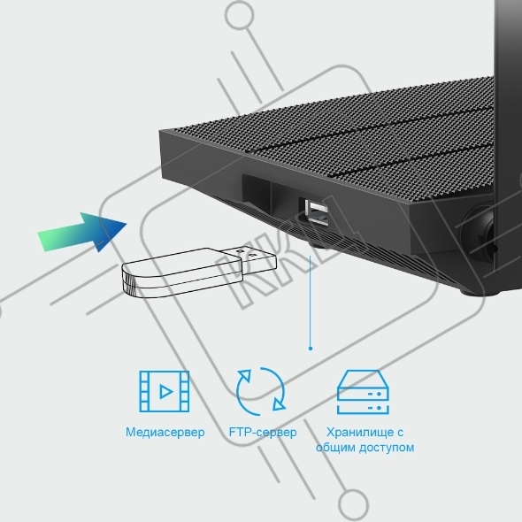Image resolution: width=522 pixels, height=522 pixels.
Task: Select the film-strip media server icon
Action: [x=165, y=391]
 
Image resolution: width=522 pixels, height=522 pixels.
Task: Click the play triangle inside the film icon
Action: [x=165, y=391]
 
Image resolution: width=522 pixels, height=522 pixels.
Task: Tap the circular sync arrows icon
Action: [x=261, y=391]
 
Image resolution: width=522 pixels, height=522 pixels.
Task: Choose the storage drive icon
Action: [x=363, y=392]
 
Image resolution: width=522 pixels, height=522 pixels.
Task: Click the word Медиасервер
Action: [x=165, y=432]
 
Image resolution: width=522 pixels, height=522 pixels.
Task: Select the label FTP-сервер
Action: [x=263, y=432]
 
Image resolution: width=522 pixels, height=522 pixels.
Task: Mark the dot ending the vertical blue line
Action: [x=311, y=349]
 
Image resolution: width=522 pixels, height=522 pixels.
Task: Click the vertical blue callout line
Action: [x=311, y=302]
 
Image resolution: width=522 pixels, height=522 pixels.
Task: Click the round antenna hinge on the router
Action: [x=480, y=233]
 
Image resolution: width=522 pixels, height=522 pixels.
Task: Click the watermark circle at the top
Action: [x=240, y=15]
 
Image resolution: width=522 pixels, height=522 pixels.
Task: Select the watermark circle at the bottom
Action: [x=353, y=504]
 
